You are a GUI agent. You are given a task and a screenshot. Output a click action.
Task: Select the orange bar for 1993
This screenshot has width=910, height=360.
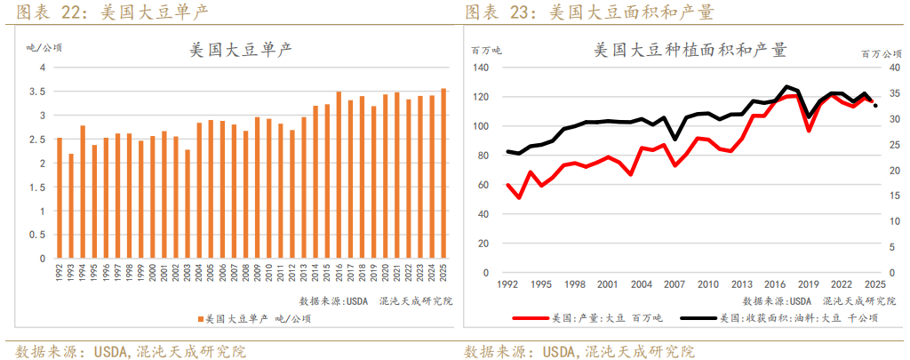pyautogui.click(x=71, y=206)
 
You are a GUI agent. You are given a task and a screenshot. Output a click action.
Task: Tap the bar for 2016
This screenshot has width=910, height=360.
pyautogui.click(x=339, y=175)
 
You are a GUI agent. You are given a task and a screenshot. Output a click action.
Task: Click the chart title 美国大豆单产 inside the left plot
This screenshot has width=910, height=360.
pyautogui.click(x=242, y=51)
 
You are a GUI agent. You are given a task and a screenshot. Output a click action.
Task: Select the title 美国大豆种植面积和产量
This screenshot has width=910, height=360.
pyautogui.click(x=690, y=50)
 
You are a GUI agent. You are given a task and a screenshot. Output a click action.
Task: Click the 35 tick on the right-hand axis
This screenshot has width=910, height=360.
pyautogui.click(x=890, y=94)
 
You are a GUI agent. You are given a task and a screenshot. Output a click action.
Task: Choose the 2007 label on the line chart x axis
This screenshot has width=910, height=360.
pyautogui.click(x=675, y=284)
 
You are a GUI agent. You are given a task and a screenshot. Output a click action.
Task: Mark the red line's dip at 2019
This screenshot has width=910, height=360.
pyautogui.click(x=809, y=130)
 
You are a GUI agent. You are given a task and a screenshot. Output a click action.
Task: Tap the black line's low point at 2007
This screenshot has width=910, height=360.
pyautogui.click(x=675, y=139)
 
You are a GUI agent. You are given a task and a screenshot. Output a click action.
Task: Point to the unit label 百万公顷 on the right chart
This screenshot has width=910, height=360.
pyautogui.click(x=881, y=55)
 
